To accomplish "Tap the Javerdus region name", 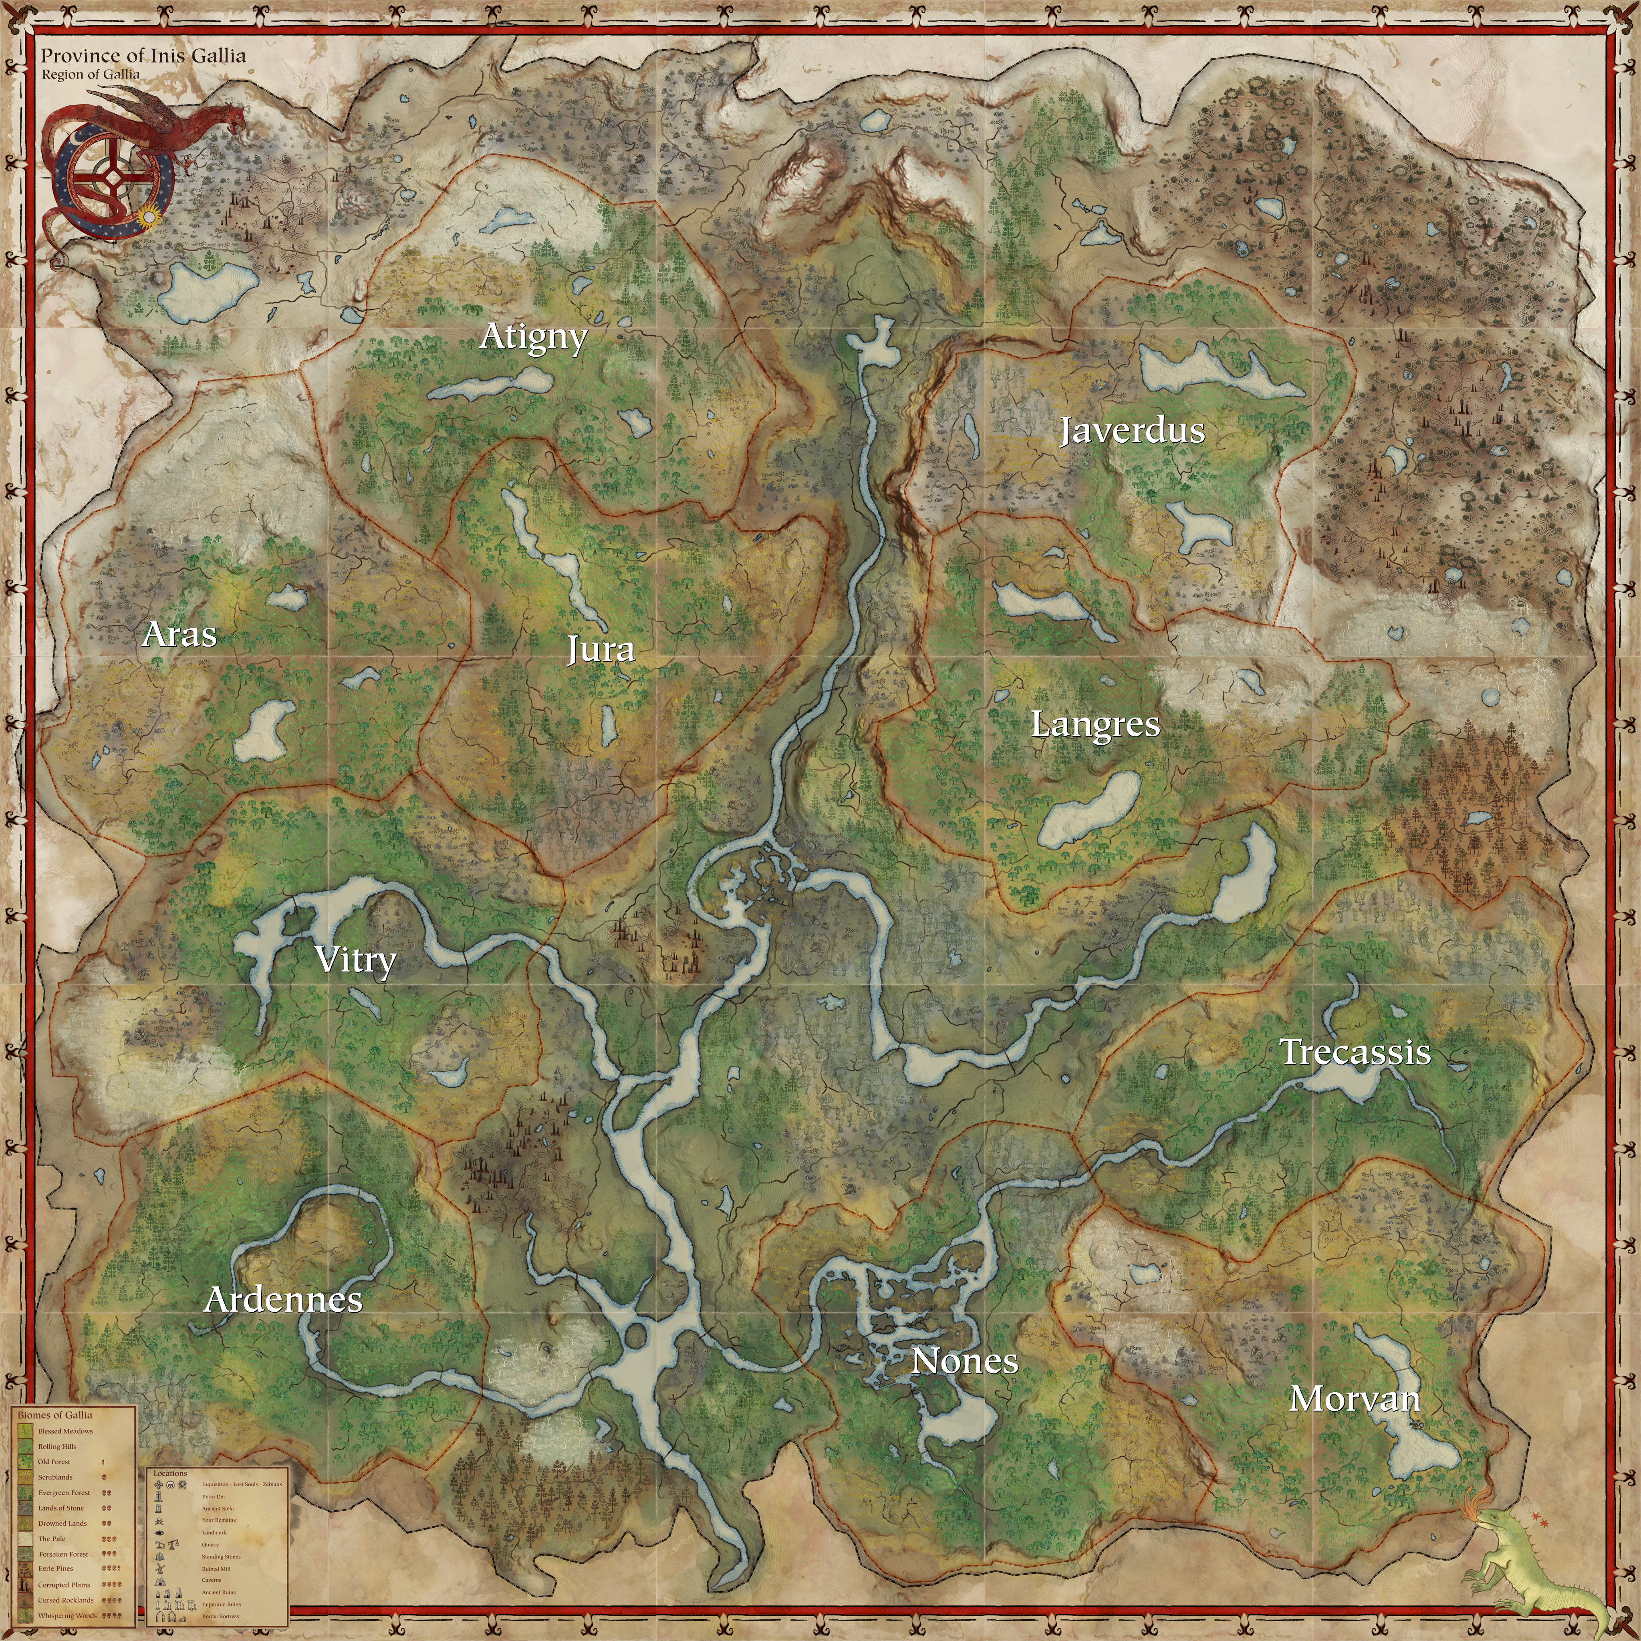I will pyautogui.click(x=1131, y=431).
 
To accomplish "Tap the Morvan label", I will pyautogui.click(x=1354, y=1399).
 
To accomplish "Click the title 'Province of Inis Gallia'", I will pyautogui.click(x=143, y=56).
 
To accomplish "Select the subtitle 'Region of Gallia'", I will pyautogui.click(x=91, y=74).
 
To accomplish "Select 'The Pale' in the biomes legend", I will pyautogui.click(x=52, y=1538).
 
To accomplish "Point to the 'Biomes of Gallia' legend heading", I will pyautogui.click(x=55, y=1415).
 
